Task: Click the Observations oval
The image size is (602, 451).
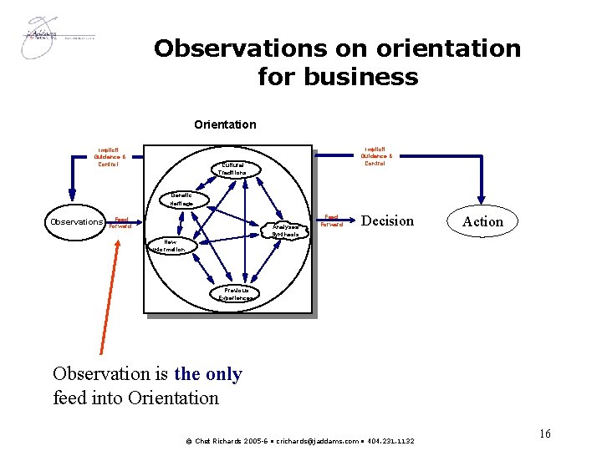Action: click(x=76, y=222)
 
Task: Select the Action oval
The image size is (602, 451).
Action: click(x=482, y=221)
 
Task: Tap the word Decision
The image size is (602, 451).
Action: click(x=387, y=221)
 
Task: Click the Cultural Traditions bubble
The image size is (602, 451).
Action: click(x=233, y=168)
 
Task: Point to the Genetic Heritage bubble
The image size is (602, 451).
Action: click(x=181, y=200)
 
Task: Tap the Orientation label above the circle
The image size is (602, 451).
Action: click(x=225, y=124)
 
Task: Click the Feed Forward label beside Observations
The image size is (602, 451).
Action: click(x=121, y=222)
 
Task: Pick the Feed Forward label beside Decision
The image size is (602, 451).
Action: click(x=332, y=220)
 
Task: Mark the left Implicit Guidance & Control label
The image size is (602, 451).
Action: click(x=110, y=157)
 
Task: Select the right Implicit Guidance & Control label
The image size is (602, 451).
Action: click(x=375, y=156)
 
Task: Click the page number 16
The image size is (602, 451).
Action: click(x=544, y=433)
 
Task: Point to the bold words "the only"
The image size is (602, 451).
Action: click(x=207, y=374)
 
